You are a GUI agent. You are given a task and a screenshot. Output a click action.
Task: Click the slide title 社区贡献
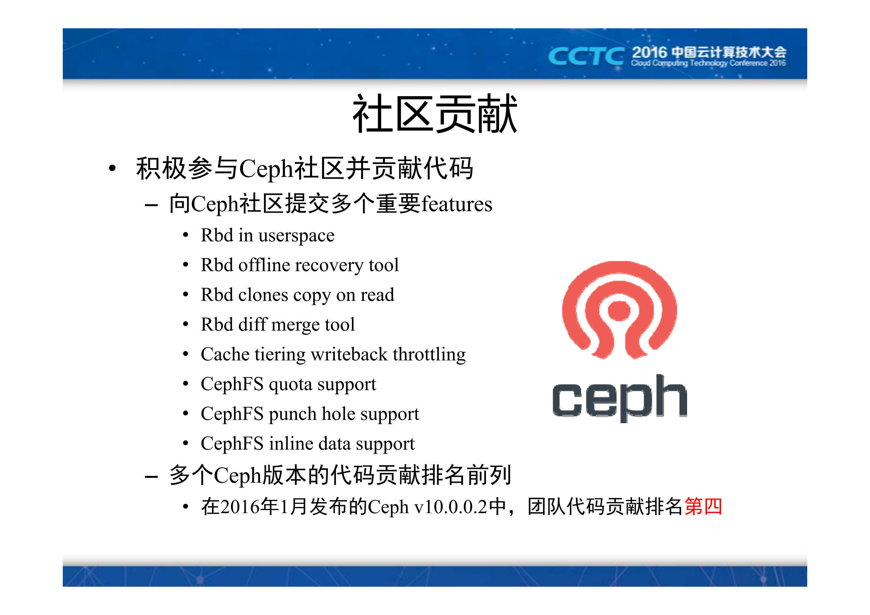pos(434,114)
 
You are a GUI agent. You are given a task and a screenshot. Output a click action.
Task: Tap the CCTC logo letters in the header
pos(586,57)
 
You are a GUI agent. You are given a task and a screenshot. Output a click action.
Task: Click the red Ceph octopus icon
pos(619,310)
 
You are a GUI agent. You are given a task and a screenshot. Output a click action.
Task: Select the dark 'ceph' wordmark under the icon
pos(619,398)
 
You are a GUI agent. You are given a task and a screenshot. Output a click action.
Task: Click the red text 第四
pos(703,506)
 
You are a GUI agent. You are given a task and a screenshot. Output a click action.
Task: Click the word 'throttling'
pos(429,355)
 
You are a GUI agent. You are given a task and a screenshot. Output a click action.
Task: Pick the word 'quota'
pos(290,385)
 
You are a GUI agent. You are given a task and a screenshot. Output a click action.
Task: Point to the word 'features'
pos(457,204)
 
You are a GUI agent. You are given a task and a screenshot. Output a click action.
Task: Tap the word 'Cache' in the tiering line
pos(225,355)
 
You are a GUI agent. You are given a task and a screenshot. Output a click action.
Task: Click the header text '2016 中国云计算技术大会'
pos(708,53)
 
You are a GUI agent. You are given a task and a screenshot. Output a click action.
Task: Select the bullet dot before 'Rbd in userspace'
pos(186,235)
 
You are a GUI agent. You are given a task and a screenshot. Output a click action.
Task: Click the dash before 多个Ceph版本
pos(151,476)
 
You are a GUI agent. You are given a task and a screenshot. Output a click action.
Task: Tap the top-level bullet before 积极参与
pos(112,169)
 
